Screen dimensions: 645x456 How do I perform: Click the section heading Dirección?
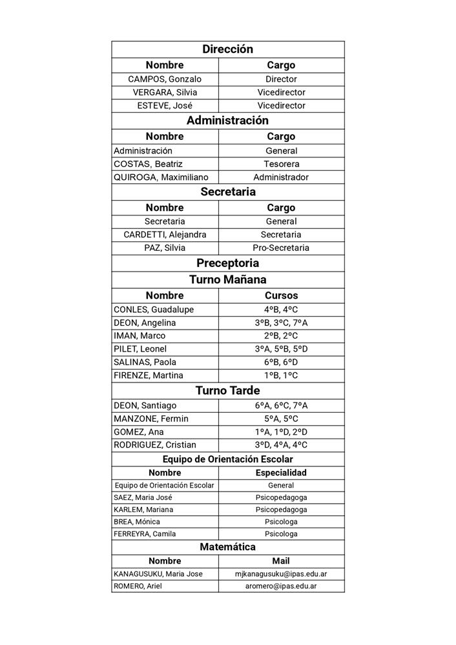[x=227, y=49]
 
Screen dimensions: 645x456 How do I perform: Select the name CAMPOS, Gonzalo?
[x=165, y=79]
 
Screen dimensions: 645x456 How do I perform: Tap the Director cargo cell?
[x=281, y=79]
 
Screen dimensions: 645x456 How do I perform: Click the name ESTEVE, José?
[x=165, y=105]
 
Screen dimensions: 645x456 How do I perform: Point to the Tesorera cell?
[x=281, y=164]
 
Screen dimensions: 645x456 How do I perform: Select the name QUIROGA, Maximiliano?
[x=157, y=177]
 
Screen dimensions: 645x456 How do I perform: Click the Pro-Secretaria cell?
[x=281, y=248]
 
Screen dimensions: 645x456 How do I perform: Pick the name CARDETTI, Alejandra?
[x=165, y=235]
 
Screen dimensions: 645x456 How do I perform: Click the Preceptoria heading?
[x=227, y=263]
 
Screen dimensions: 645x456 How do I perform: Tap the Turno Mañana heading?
[x=227, y=279]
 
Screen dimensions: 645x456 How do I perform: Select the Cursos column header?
[x=281, y=295]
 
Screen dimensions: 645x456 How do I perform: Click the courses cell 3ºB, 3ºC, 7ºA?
[x=281, y=322]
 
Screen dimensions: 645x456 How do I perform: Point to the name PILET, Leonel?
[x=140, y=349]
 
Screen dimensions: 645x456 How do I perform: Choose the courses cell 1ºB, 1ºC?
[x=281, y=375]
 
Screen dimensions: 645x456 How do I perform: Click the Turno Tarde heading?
[x=227, y=391]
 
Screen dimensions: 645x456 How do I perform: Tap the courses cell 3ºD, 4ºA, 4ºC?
[x=281, y=445]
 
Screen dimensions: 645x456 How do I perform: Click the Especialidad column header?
[x=281, y=473]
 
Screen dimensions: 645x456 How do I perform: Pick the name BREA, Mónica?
[x=136, y=522]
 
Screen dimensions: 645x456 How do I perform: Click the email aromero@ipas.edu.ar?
[x=281, y=586]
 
